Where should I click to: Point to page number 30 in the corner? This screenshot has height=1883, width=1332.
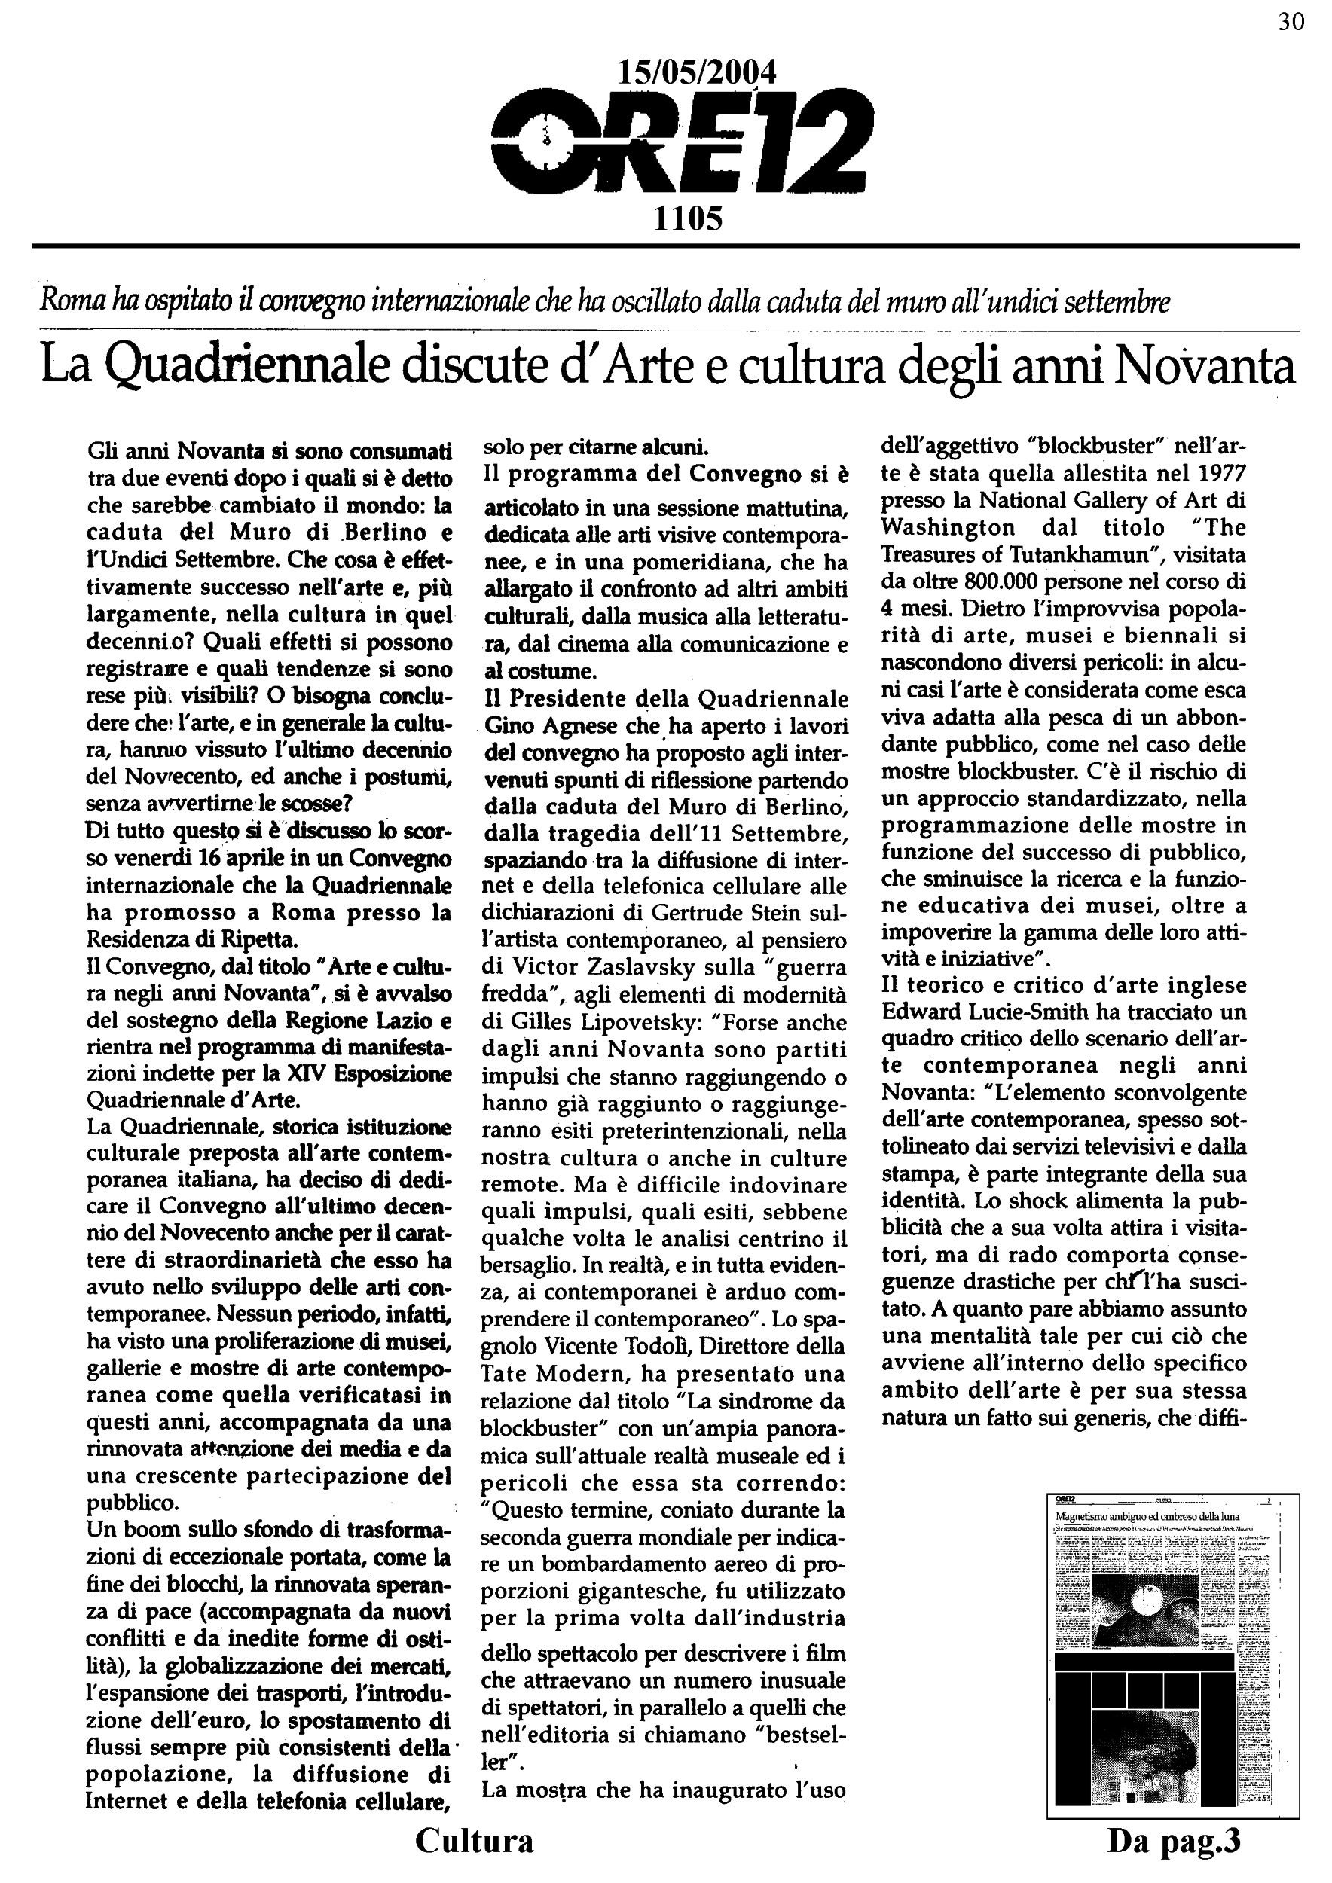[x=1291, y=22]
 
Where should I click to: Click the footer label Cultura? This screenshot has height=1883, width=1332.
[x=474, y=1840]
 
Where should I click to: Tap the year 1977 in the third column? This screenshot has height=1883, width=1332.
[x=1217, y=474]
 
